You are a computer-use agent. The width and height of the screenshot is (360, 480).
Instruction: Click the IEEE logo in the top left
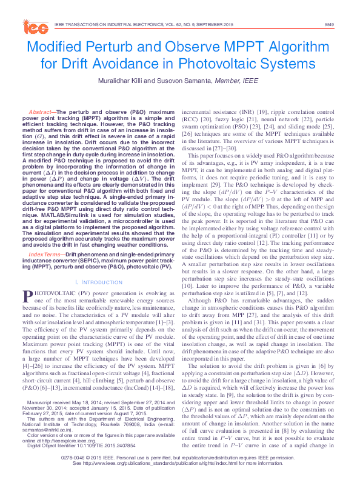click(36, 27)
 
